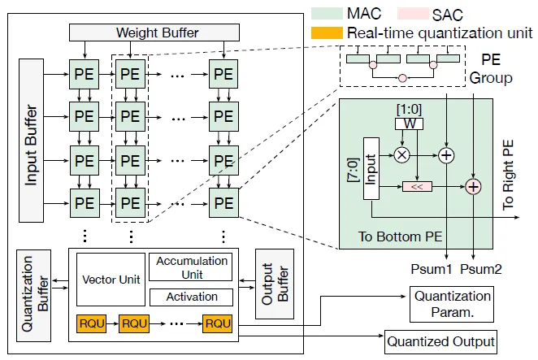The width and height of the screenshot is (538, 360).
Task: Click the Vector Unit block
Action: click(x=111, y=280)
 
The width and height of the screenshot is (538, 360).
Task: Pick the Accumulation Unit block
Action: click(x=191, y=267)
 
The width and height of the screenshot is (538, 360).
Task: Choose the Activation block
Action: click(x=191, y=297)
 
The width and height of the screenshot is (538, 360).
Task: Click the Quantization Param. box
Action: click(x=453, y=303)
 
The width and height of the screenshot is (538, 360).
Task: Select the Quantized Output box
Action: click(x=440, y=340)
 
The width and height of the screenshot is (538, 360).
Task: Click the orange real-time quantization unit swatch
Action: click(x=327, y=33)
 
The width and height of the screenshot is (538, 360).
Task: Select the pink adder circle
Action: click(x=474, y=187)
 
